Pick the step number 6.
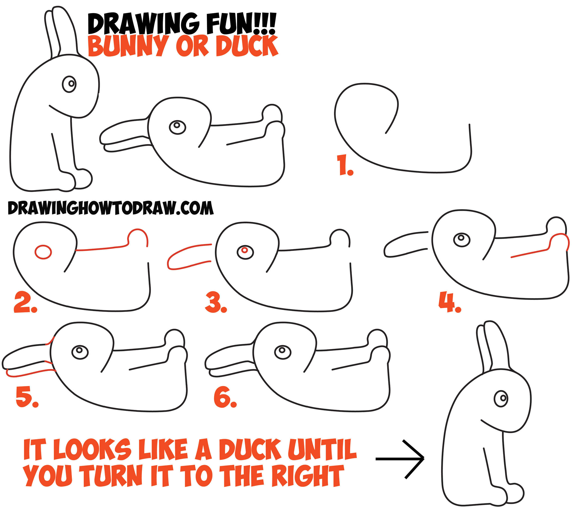[225, 398]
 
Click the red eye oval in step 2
[43, 252]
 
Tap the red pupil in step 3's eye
[245, 250]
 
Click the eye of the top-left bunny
[69, 84]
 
